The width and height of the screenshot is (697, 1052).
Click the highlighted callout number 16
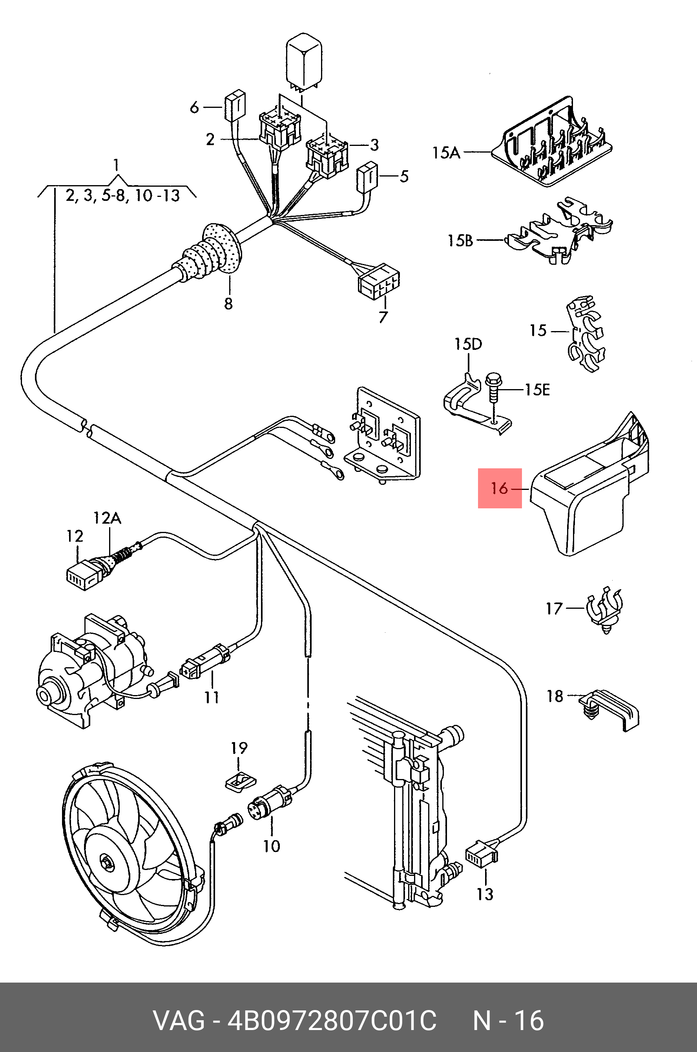click(499, 488)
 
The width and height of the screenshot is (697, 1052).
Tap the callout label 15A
click(446, 153)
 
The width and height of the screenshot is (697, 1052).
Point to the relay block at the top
click(305, 60)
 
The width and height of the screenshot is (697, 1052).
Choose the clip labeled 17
click(606, 608)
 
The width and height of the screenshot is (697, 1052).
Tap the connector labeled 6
click(235, 106)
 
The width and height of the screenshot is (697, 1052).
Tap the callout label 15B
click(460, 240)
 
